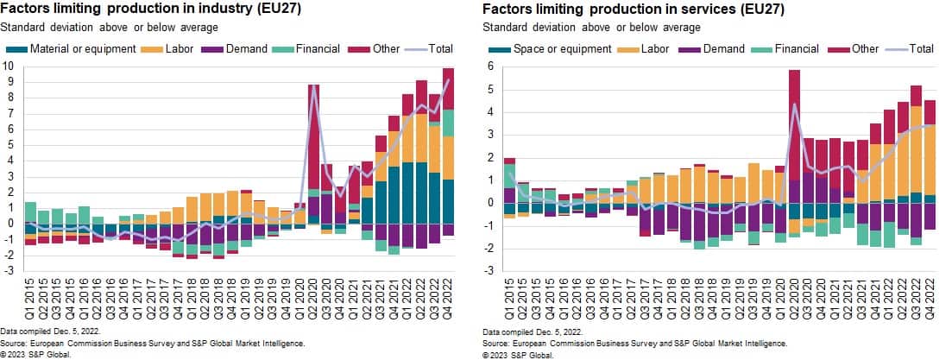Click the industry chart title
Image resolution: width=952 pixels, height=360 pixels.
coord(137,9)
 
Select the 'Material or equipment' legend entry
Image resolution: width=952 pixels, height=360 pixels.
coord(77,49)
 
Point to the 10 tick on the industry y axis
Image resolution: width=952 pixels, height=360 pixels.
coord(8,66)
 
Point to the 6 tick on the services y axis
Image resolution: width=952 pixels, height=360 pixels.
coord(489,66)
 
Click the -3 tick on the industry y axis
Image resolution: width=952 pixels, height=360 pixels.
coord(8,270)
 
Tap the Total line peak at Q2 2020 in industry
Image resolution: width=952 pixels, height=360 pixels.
coord(314,89)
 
